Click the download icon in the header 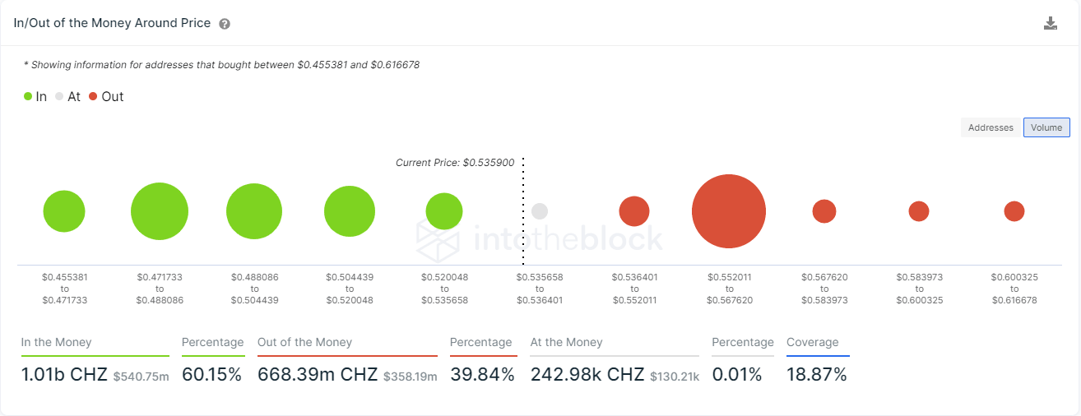[x=1050, y=23]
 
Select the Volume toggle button [x=1046, y=127]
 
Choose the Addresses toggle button [x=991, y=127]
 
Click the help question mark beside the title [x=225, y=24]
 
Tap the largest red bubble [x=729, y=211]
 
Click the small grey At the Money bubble [x=540, y=211]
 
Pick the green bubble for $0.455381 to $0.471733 [x=64, y=211]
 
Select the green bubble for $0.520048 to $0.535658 [x=444, y=211]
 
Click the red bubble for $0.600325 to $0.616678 [x=1014, y=211]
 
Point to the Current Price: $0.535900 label [x=455, y=163]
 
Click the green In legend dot [x=28, y=96]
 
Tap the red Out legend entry [x=106, y=96]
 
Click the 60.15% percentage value [x=211, y=375]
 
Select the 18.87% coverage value [x=816, y=375]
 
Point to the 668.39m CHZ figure [x=318, y=375]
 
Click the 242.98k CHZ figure [x=587, y=375]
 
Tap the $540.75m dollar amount [x=141, y=377]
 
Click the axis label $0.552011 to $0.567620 [x=729, y=289]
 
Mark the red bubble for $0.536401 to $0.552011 [x=634, y=211]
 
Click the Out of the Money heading [x=304, y=342]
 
